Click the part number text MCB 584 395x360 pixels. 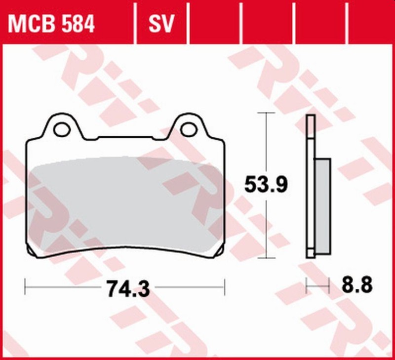click(51, 24)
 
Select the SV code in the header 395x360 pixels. click(161, 24)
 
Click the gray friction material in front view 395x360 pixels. click(123, 202)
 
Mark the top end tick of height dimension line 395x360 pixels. click(267, 113)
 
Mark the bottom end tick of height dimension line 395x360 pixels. click(267, 258)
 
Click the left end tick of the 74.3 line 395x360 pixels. click(25, 285)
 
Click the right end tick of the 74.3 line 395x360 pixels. click(225, 285)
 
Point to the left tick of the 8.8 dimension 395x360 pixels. click(307, 285)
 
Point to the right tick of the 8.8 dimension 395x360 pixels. click(329, 285)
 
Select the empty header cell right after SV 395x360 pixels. click(215, 24)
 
